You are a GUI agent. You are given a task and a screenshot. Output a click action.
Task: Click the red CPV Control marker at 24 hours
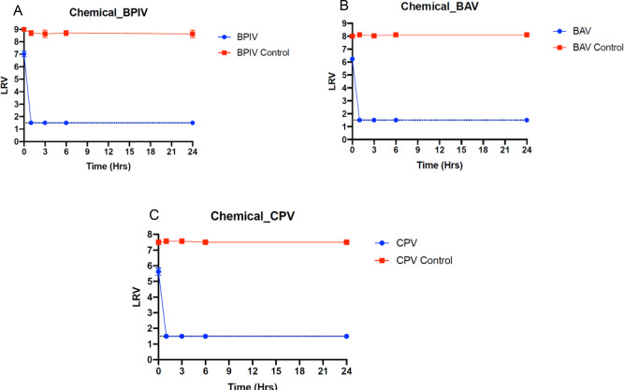click(346, 242)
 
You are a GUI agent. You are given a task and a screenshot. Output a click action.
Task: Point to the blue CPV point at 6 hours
click(205, 337)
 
